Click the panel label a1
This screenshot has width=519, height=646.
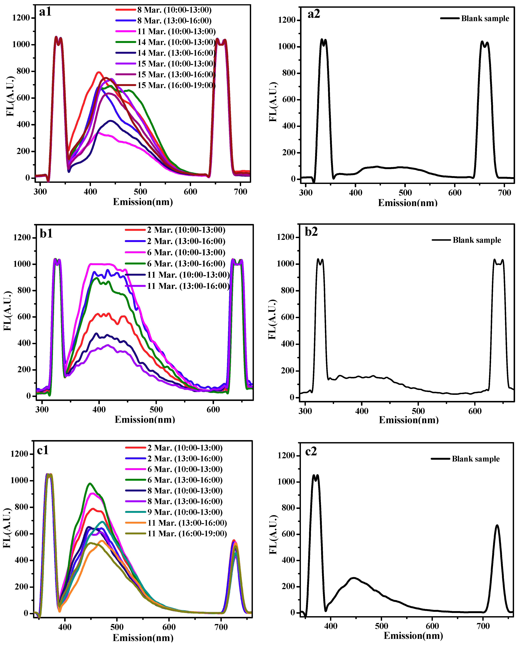point(45,12)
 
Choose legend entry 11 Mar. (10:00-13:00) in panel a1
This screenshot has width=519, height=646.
point(176,31)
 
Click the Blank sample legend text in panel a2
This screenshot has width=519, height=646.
point(485,19)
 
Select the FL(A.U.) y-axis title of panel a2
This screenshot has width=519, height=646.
point(273,102)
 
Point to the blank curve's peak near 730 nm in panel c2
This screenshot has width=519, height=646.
point(497,525)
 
